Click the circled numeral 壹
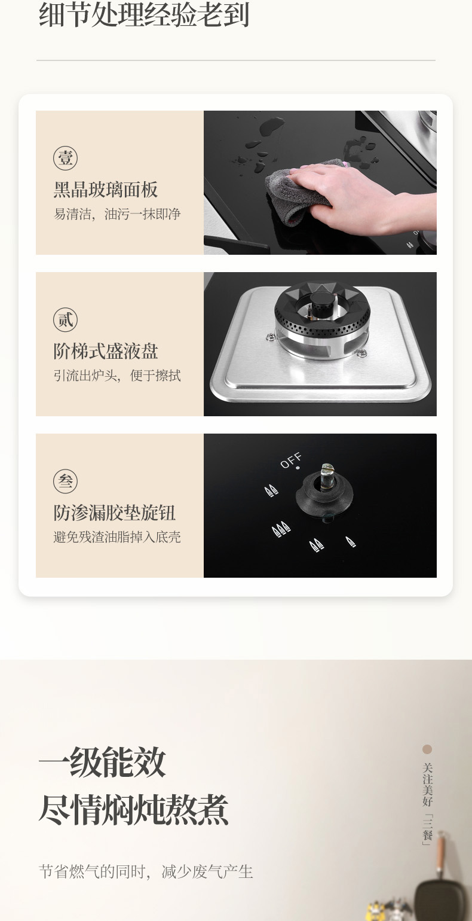coord(65,158)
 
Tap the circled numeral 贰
coord(65,319)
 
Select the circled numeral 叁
coord(65,481)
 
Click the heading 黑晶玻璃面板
coord(106,190)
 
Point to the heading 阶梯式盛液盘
coord(106,351)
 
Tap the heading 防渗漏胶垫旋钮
coord(114,513)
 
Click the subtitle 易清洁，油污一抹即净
coord(117,214)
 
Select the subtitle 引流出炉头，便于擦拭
coord(117,376)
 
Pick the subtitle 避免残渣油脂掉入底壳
coord(117,537)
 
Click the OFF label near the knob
coord(291,460)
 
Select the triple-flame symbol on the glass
coord(281,530)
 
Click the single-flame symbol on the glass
coord(350,542)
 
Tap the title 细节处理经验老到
coord(144,14)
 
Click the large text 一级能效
coord(102,762)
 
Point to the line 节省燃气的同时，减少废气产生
coord(146,871)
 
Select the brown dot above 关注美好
coord(427,749)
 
